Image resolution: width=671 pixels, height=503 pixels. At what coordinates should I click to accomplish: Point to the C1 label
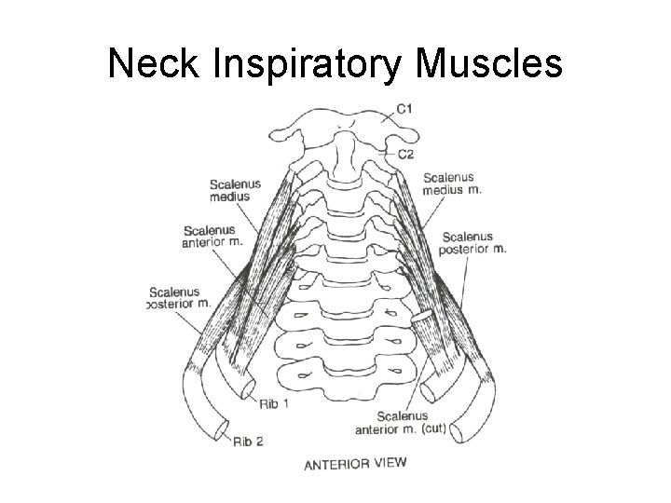[405, 109]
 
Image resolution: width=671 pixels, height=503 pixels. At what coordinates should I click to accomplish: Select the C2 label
[405, 155]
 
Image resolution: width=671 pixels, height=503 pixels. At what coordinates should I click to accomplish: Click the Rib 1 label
[267, 401]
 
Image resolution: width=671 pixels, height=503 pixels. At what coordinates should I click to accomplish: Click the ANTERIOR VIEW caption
[356, 463]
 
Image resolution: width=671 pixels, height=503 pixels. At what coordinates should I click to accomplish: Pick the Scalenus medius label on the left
[235, 189]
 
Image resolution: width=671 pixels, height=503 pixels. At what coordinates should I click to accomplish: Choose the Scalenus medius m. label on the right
[452, 184]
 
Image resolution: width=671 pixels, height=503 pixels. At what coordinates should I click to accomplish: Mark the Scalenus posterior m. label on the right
[474, 242]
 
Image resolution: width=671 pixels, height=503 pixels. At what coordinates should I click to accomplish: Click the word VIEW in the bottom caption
[390, 463]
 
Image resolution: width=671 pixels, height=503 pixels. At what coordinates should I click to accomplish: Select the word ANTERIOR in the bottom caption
[338, 463]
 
